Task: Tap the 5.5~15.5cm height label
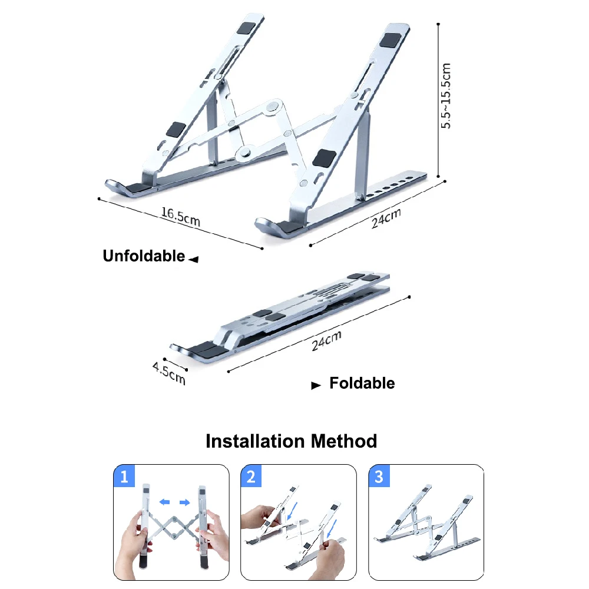click(447, 96)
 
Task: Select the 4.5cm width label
click(169, 374)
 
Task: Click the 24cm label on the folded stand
click(326, 341)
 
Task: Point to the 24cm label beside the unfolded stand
click(386, 219)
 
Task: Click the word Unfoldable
click(144, 256)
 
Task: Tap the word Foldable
click(362, 383)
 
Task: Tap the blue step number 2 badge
click(252, 477)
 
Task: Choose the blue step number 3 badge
click(379, 477)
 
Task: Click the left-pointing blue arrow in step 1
click(166, 502)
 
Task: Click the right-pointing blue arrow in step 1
click(184, 502)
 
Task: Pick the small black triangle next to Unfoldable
click(194, 259)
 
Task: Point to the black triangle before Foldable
click(316, 386)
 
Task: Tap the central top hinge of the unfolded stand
click(272, 107)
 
